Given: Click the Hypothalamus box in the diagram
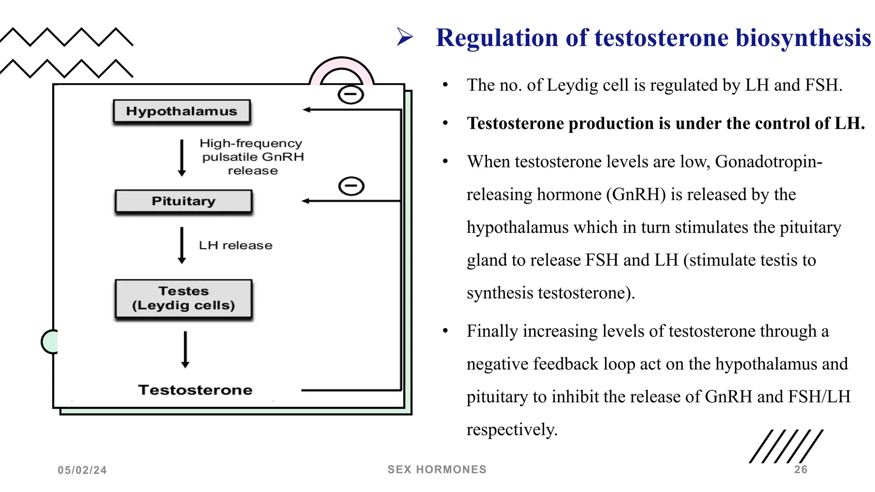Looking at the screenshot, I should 182,111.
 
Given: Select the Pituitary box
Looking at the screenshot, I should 184,201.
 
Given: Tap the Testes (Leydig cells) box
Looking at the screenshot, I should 184,299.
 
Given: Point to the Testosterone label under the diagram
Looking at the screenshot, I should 195,390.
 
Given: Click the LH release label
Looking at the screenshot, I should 235,246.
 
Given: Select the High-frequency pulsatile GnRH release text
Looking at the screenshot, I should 252,157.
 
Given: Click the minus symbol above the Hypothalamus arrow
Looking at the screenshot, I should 351,94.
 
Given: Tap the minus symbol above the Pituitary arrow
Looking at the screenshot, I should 351,186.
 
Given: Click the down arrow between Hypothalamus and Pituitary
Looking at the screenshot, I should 182,158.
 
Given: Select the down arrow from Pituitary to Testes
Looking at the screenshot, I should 182,245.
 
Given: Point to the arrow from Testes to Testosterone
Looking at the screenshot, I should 185,349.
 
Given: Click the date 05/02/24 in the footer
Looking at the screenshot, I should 82,470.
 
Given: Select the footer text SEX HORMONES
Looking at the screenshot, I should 437,469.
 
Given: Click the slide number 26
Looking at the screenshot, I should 801,470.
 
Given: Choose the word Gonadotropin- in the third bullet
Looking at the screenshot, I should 768,162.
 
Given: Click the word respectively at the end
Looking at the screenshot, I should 512,430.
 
